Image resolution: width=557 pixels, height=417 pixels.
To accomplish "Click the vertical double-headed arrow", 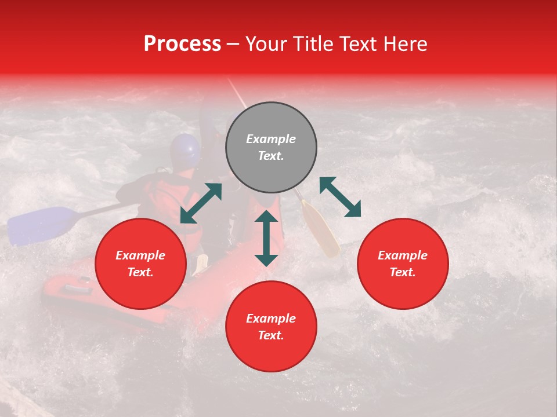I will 266,238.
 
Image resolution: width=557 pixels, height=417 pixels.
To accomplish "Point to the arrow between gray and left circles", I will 201,203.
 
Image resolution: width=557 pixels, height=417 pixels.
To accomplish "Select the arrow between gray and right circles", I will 341,197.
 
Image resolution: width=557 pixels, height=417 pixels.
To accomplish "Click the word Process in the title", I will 182,44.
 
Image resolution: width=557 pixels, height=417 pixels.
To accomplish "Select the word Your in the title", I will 266,44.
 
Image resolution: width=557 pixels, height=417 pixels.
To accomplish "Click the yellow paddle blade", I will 321,229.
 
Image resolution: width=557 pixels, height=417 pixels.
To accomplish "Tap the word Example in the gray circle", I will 271,139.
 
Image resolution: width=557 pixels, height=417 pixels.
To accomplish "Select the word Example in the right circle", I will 403,255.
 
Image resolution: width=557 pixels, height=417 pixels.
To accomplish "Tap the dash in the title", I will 233,44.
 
